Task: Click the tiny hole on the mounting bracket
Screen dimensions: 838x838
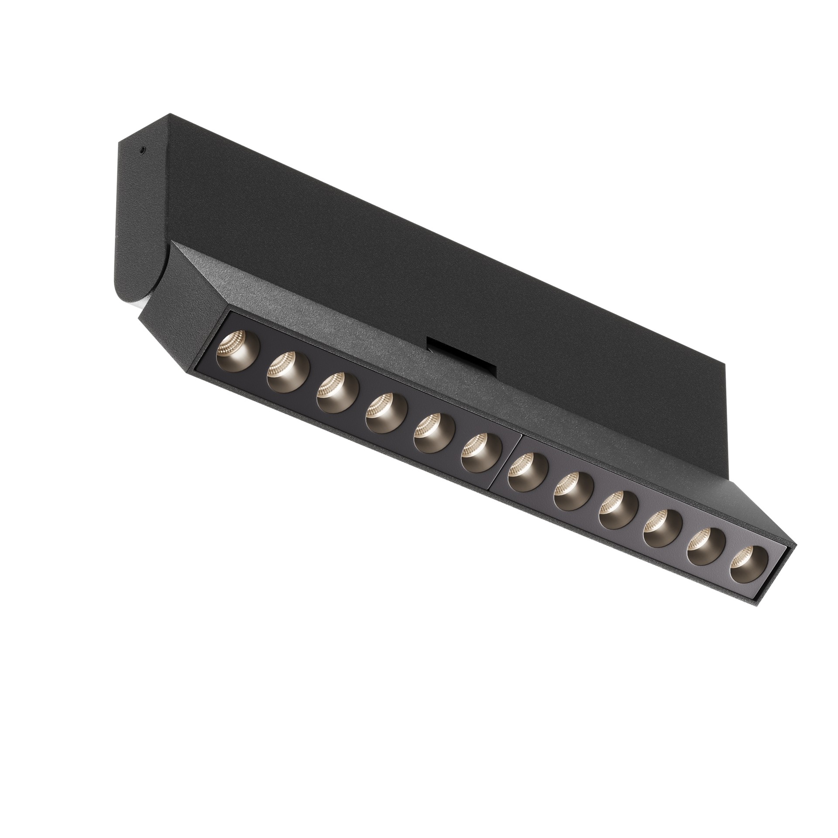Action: [142, 151]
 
